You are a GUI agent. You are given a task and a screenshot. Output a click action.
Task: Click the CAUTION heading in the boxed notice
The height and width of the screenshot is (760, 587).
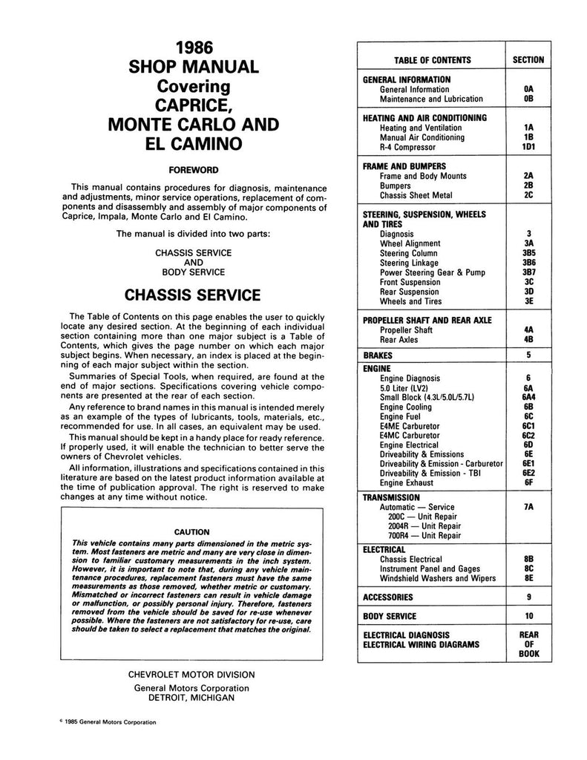point(191,531)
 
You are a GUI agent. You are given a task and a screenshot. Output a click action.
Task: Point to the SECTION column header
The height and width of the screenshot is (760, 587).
point(528,60)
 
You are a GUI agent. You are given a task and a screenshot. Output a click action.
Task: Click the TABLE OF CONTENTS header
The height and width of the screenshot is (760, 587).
point(433,60)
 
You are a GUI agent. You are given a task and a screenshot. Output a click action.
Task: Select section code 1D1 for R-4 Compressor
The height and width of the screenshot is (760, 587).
point(528,147)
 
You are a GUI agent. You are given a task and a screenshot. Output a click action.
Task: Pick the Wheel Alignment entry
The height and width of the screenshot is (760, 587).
point(410,243)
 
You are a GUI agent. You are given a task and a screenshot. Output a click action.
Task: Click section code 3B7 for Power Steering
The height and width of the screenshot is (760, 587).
point(528,272)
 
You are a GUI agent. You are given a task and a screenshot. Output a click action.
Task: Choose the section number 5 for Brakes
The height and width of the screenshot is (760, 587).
point(528,355)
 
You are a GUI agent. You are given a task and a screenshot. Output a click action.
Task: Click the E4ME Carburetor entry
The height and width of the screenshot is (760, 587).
point(410,426)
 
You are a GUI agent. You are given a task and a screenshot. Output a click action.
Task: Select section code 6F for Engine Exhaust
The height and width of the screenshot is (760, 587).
point(528,483)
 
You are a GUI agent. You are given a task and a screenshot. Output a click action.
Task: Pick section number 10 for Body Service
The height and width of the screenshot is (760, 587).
point(528,616)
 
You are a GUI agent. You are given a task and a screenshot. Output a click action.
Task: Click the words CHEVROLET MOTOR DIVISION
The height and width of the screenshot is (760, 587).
point(192,675)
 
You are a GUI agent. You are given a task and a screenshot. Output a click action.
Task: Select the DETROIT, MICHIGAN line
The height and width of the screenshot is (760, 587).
point(192,698)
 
